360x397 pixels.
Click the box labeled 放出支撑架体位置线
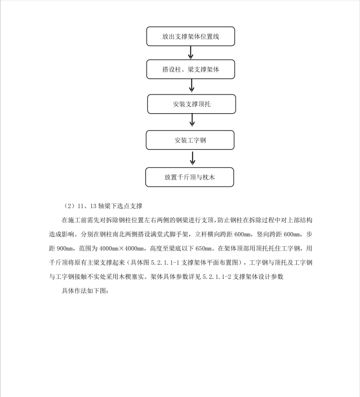(x=190, y=37)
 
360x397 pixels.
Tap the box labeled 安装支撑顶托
(x=191, y=104)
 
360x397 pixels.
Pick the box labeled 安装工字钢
(x=190, y=140)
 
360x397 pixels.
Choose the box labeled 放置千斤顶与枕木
(x=189, y=177)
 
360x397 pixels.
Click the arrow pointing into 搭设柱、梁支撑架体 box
(x=191, y=53)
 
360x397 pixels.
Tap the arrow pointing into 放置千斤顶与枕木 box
(x=193, y=158)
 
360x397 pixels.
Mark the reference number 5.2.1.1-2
(x=216, y=277)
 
